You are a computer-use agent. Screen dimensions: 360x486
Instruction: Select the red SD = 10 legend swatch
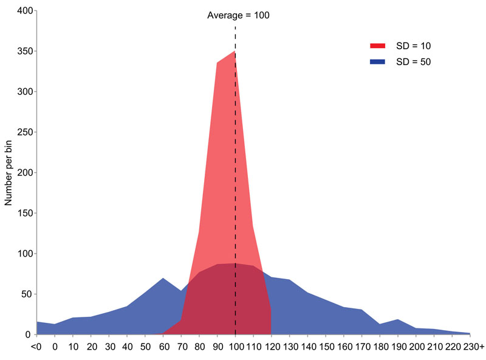click(377, 46)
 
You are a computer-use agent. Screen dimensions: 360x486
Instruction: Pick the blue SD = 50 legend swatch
click(377, 62)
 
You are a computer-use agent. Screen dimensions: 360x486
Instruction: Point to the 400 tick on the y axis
click(24, 11)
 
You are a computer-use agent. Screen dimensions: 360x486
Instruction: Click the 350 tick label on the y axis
click(24, 51)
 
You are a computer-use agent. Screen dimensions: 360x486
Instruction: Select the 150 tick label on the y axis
click(24, 213)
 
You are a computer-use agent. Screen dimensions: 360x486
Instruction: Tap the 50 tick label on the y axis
click(27, 294)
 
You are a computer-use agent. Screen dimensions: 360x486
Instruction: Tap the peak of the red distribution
click(234, 52)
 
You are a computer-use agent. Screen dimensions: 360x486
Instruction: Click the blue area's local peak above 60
click(163, 279)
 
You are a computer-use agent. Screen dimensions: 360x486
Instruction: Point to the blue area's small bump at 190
click(397, 319)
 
